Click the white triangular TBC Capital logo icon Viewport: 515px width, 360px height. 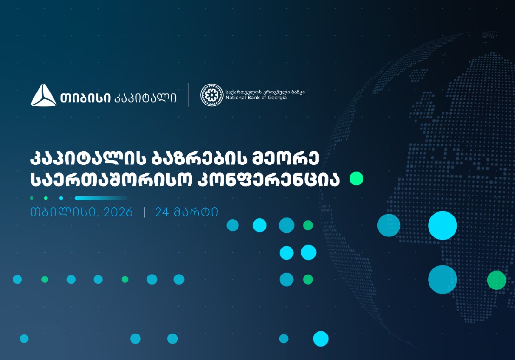43,96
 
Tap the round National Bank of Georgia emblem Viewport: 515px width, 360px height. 211,95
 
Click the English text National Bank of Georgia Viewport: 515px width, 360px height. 256,98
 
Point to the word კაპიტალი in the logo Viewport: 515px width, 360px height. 145,98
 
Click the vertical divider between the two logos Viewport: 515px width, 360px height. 188,95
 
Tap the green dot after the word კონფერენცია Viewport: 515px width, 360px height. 356,179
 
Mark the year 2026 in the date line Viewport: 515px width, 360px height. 118,212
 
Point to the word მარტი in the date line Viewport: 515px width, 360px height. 196,212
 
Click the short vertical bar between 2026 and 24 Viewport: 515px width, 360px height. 144,212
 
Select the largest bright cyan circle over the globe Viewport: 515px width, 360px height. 442,225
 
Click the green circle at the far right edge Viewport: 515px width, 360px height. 496,280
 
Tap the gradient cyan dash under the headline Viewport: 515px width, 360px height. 100,198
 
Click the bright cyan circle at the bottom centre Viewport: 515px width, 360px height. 321,339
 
